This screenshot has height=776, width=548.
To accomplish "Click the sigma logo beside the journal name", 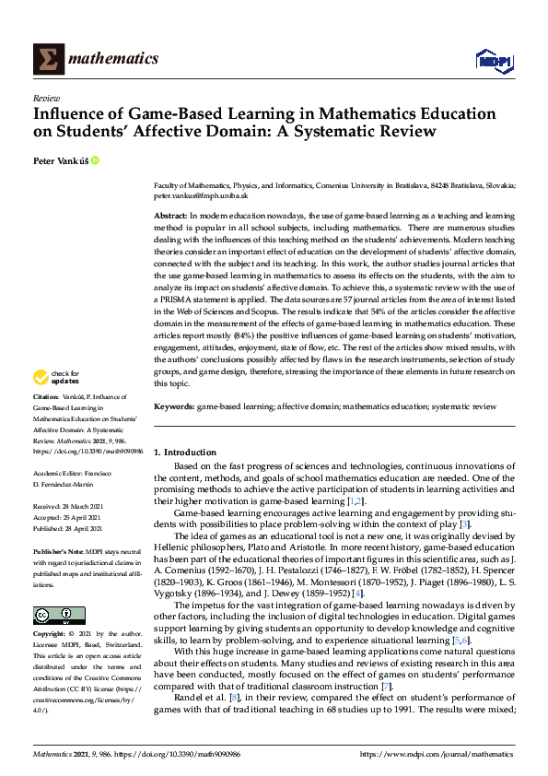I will [x=48, y=59].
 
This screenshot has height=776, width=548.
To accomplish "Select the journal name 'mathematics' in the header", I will [x=117, y=59].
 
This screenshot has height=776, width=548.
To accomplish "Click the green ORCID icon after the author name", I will [x=95, y=160].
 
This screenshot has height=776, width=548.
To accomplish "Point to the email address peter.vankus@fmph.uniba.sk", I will [x=201, y=195].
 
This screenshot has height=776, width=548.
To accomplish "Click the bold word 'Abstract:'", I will [x=171, y=214].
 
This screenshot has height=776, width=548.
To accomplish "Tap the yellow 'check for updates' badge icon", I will [x=41, y=377].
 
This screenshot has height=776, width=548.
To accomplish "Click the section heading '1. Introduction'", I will [x=184, y=453].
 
